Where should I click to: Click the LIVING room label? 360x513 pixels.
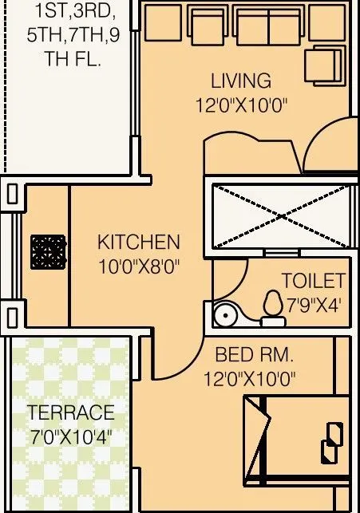(240, 81)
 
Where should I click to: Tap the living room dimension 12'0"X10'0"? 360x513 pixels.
(240, 105)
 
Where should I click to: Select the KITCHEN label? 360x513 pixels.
(138, 242)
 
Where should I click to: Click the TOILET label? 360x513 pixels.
(313, 281)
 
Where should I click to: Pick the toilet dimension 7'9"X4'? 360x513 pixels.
(313, 304)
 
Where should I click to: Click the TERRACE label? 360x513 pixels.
(70, 413)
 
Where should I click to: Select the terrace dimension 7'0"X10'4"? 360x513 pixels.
(70, 437)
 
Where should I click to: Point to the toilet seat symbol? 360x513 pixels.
(274, 306)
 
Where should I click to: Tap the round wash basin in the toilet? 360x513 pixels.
(225, 314)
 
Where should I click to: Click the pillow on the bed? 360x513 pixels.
(330, 450)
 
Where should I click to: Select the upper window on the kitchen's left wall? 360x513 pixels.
(13, 194)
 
